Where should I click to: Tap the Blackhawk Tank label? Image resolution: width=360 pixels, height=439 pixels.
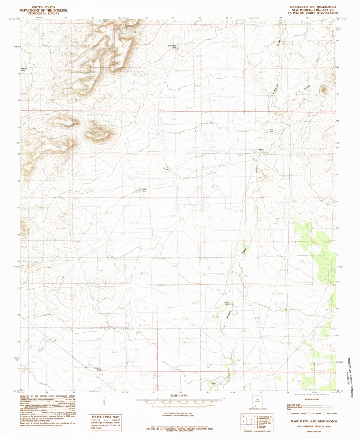[x=174, y=47]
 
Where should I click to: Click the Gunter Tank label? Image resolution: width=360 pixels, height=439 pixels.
[x=261, y=150]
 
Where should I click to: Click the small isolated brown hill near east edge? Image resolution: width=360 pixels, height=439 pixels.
[x=324, y=90]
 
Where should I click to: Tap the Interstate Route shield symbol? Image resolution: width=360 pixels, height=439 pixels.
[x=289, y=413]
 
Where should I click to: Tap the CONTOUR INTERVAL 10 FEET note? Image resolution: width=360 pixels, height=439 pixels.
[x=180, y=412]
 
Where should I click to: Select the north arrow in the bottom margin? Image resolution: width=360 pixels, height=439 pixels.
[x=104, y=403]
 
